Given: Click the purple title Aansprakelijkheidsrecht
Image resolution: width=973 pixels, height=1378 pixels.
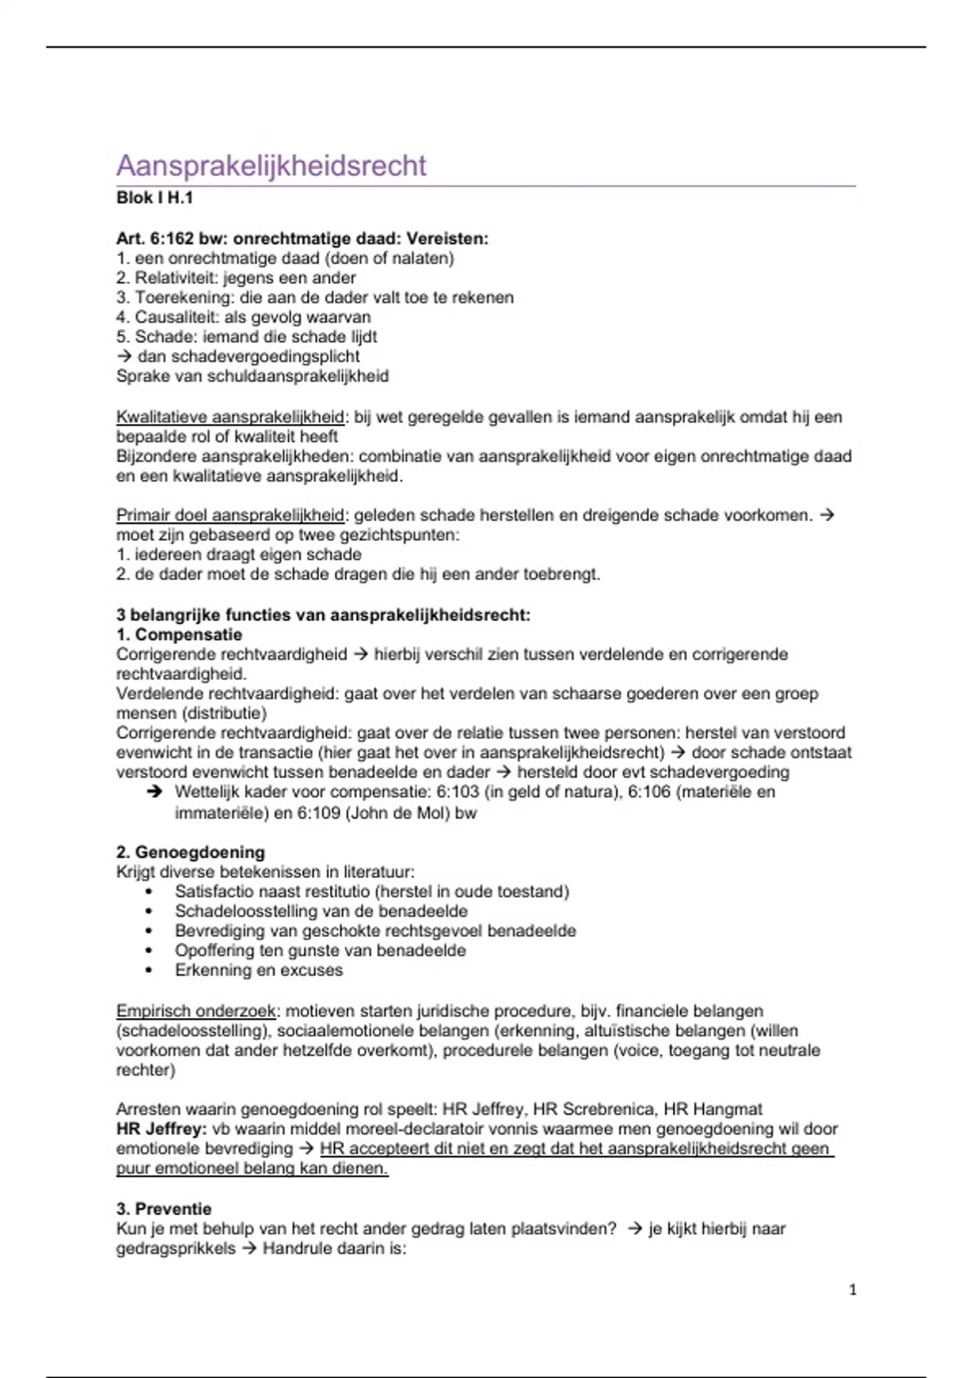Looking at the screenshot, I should point(271,165).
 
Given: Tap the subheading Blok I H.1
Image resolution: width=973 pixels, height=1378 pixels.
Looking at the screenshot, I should point(154,198).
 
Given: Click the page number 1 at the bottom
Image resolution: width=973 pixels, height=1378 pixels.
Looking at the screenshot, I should point(852,1290).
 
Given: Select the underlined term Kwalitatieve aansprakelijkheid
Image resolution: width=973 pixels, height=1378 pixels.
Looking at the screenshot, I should point(230,417).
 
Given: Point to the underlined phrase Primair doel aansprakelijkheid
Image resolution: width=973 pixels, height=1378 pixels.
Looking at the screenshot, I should point(230,516).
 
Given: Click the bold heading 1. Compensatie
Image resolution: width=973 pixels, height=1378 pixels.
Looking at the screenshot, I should point(178,635).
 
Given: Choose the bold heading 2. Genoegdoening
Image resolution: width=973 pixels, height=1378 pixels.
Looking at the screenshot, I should point(190,853).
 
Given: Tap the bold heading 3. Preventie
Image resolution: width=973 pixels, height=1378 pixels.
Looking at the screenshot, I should point(163,1209).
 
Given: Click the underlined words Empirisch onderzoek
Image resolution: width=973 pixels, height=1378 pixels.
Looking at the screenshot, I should point(196,1012).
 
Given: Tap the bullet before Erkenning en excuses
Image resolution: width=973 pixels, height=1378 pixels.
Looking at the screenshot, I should point(149,971).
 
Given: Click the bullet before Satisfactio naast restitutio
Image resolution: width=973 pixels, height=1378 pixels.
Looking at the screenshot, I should point(149,892).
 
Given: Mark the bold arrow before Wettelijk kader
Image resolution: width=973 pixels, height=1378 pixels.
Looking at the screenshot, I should point(154,792).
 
